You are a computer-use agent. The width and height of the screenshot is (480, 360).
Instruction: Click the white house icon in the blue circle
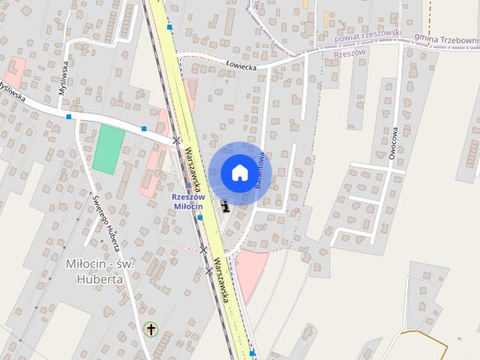tap(239, 172)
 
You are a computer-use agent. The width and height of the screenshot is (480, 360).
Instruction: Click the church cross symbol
tap(151, 329)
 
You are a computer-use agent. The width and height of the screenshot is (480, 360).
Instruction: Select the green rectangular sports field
tap(109, 149)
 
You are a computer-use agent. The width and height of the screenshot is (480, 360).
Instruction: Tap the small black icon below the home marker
tap(225, 205)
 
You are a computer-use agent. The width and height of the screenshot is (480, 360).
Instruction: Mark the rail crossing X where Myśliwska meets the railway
tap(176, 140)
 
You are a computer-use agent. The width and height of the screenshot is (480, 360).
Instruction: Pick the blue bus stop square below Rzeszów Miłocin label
tap(200, 217)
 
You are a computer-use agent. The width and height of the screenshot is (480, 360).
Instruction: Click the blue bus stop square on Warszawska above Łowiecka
tap(170, 27)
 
